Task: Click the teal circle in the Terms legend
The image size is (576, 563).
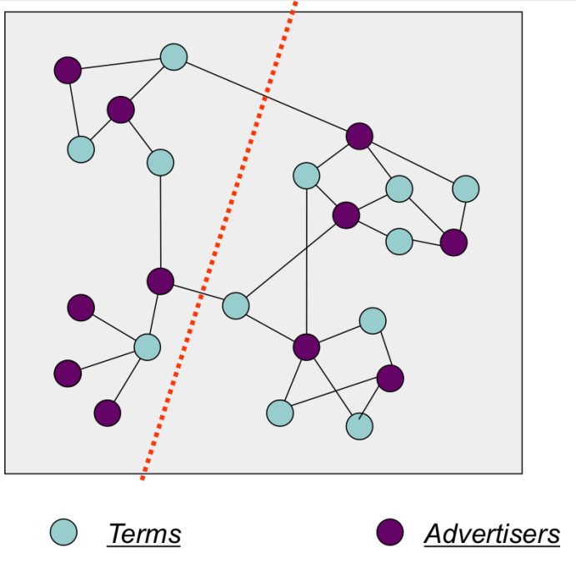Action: point(63,531)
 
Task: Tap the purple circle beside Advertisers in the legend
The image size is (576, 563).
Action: point(389,531)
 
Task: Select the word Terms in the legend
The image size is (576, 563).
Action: point(143,533)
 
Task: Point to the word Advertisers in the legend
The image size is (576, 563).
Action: point(492,533)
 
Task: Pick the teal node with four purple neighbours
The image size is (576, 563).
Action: point(147,346)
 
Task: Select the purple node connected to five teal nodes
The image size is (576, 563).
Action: point(307,346)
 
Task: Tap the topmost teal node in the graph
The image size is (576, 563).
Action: point(173,57)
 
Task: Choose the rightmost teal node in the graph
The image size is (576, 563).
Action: point(466,189)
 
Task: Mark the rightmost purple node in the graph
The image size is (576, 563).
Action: point(453,243)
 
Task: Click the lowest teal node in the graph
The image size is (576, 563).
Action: point(359,426)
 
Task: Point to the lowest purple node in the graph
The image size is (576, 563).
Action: point(108,412)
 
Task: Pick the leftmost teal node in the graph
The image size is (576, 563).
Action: point(81,149)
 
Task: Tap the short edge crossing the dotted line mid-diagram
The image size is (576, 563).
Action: point(198,294)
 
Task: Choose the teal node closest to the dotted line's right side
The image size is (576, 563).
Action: point(236,305)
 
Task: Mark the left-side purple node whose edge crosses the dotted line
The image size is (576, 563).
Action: point(160,281)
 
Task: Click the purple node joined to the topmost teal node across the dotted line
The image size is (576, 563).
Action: point(359,135)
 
